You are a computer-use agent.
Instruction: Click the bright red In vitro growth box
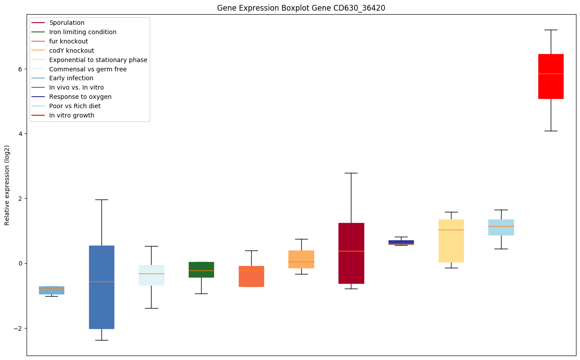pos(550,76)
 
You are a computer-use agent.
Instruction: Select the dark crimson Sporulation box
pos(351,253)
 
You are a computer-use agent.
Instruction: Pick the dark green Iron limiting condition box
pos(201,270)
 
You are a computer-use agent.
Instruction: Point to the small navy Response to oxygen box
pos(401,242)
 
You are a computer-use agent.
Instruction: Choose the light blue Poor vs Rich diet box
pos(501,227)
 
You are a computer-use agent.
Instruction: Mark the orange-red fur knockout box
pos(251,276)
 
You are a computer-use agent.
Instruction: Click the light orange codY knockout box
pos(301,259)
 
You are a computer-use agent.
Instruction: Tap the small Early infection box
pos(51,290)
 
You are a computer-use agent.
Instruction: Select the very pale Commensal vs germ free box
pos(152,275)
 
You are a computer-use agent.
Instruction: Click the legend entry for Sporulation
pos(67,23)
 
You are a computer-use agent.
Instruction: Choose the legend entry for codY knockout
pos(71,51)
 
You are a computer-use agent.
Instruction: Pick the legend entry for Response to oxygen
pos(80,97)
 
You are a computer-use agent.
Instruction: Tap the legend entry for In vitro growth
pos(72,115)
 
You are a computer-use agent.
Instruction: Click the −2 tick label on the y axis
pos(18,328)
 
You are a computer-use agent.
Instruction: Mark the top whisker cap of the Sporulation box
pos(351,173)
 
